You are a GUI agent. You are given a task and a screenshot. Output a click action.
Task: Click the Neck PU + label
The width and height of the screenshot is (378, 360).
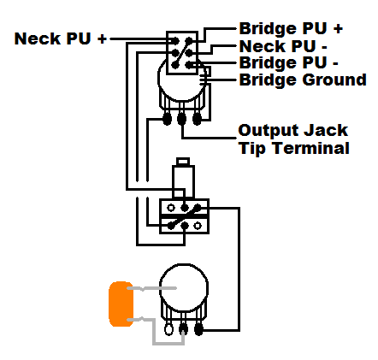[61, 38]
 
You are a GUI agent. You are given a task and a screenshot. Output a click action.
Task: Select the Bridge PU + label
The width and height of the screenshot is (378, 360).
[291, 28]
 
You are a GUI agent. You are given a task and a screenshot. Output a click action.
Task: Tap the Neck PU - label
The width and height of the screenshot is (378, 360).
[283, 46]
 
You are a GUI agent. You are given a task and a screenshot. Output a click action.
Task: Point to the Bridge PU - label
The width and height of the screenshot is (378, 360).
[288, 62]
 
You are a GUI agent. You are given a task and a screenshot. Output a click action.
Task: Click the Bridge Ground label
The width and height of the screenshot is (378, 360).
[303, 80]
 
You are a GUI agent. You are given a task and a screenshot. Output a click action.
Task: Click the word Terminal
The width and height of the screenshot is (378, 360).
[311, 148]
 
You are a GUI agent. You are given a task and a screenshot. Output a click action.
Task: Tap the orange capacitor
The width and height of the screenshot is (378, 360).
[121, 304]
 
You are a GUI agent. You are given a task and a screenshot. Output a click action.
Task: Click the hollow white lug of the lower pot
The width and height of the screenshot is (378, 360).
[168, 329]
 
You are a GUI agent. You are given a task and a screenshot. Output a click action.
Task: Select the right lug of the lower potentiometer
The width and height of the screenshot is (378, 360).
[198, 329]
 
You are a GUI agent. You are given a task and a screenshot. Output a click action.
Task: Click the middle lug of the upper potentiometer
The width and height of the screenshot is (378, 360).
[181, 119]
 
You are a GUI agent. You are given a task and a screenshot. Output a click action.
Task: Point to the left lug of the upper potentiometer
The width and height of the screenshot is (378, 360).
[167, 119]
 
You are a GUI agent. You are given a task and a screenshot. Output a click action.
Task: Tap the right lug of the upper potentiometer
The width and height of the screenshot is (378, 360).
[197, 119]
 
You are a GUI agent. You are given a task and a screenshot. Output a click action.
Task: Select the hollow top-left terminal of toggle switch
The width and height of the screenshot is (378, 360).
[171, 208]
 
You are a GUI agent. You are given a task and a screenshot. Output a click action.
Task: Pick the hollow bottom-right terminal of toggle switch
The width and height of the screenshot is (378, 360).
[198, 226]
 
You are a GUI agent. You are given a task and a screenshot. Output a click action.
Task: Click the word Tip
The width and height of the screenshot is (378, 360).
[255, 148]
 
